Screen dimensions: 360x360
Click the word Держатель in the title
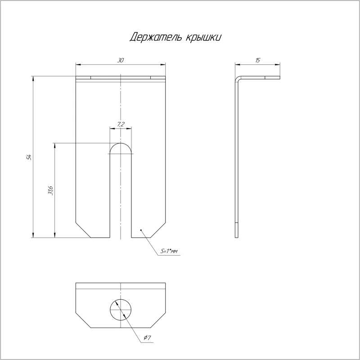(155, 37)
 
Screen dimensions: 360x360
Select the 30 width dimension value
(121, 60)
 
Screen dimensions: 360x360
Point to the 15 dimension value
(257, 60)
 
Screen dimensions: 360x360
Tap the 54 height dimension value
(29, 157)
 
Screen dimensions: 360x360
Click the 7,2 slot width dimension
(121, 125)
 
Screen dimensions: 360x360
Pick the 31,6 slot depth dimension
(50, 190)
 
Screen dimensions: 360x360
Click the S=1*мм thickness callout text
(169, 252)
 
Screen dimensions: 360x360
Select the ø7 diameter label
(147, 337)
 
